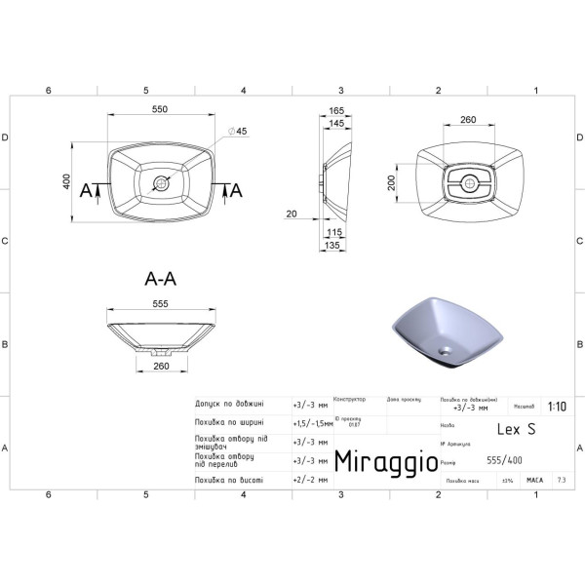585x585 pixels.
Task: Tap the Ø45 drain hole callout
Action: pyautogui.click(x=239, y=132)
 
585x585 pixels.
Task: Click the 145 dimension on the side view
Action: pyautogui.click(x=336, y=124)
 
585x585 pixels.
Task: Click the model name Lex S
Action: pyautogui.click(x=516, y=428)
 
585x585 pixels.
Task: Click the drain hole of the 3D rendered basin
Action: pyautogui.click(x=447, y=347)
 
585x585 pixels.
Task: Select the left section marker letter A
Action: pyautogui.click(x=86, y=191)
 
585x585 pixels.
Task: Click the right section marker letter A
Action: pyautogui.click(x=235, y=191)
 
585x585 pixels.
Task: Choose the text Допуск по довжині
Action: pyautogui.click(x=233, y=402)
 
